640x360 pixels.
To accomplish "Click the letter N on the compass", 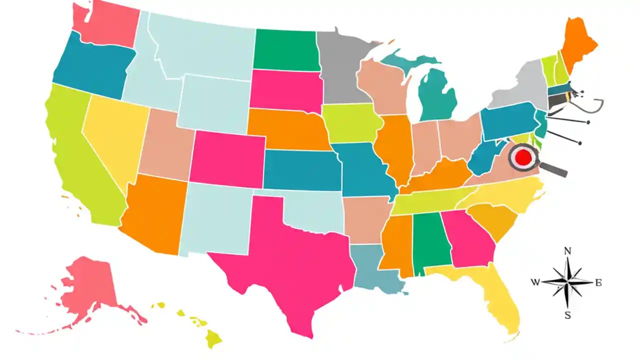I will [x=567, y=251].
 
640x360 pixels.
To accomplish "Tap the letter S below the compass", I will [x=567, y=315].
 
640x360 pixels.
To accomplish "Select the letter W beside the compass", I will [x=535, y=282].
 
